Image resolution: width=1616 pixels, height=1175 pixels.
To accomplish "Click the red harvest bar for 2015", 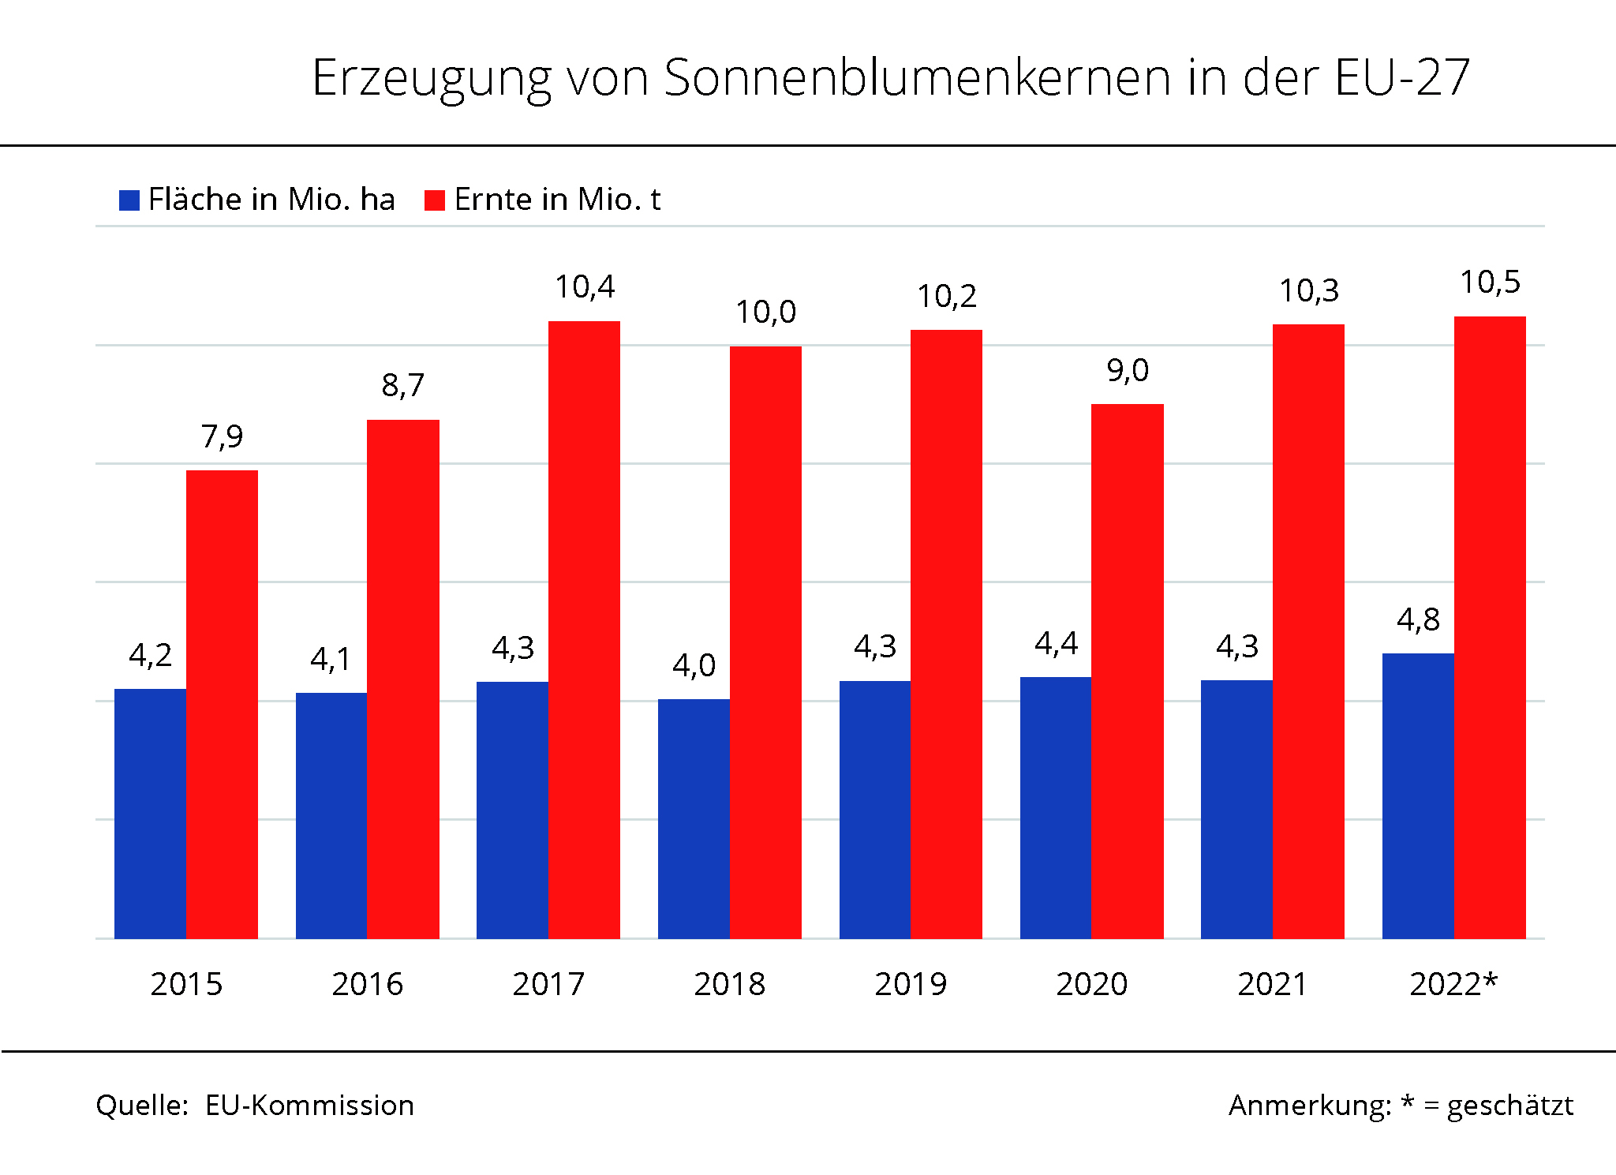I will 222,704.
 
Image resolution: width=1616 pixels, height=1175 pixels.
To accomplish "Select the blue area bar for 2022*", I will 1418,795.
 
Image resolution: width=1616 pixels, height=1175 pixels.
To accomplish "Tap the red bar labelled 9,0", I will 1127,671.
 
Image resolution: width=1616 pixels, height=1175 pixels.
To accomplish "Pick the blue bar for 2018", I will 694,818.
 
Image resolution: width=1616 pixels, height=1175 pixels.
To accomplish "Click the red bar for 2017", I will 584,630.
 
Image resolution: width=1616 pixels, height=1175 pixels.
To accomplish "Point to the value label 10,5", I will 1490,283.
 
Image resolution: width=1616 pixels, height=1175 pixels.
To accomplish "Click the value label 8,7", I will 402,386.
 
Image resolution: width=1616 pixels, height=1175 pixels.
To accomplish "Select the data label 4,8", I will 1418,620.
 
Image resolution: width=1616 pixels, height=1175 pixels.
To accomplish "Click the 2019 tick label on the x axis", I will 911,984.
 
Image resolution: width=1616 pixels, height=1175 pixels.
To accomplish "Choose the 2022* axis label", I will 1453,984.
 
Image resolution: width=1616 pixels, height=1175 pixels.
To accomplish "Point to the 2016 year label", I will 367,984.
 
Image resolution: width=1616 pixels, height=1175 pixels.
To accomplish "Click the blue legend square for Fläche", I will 129,200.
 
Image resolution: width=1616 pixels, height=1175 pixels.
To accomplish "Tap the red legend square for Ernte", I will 435,200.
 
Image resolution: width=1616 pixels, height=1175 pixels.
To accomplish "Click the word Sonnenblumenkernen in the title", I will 917,78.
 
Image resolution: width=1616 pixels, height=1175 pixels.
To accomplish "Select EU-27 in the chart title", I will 1401,78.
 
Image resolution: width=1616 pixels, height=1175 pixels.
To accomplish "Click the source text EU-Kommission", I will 309,1106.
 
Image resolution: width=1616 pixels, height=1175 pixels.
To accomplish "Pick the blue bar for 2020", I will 1056,807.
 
